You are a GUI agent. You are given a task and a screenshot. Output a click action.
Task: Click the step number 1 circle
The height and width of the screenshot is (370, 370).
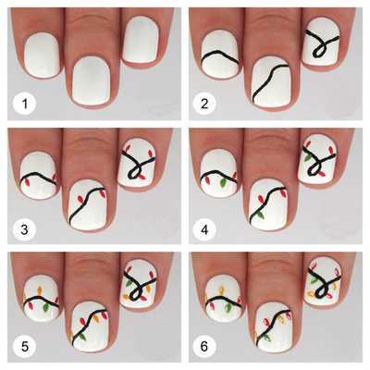[24, 104]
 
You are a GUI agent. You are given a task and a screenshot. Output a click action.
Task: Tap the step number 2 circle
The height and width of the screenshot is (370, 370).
[204, 104]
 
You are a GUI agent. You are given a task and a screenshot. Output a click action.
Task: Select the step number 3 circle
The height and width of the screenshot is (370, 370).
[24, 229]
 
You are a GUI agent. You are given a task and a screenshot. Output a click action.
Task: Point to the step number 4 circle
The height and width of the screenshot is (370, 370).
[204, 229]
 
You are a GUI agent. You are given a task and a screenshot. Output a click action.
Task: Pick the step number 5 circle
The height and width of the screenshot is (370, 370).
[24, 347]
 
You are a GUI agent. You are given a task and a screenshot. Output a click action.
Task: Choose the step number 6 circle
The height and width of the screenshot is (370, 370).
[204, 347]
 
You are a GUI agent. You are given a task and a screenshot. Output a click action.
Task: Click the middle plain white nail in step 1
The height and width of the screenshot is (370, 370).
[91, 80]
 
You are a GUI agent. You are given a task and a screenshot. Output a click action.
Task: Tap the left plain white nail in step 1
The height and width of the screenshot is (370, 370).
[42, 55]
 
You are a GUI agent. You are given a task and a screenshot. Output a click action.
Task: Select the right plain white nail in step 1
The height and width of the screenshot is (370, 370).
[142, 40]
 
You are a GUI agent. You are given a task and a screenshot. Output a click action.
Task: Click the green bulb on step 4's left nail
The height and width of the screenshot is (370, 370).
[221, 184]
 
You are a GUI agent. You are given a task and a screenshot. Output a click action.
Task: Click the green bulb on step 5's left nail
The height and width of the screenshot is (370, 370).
[46, 306]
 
